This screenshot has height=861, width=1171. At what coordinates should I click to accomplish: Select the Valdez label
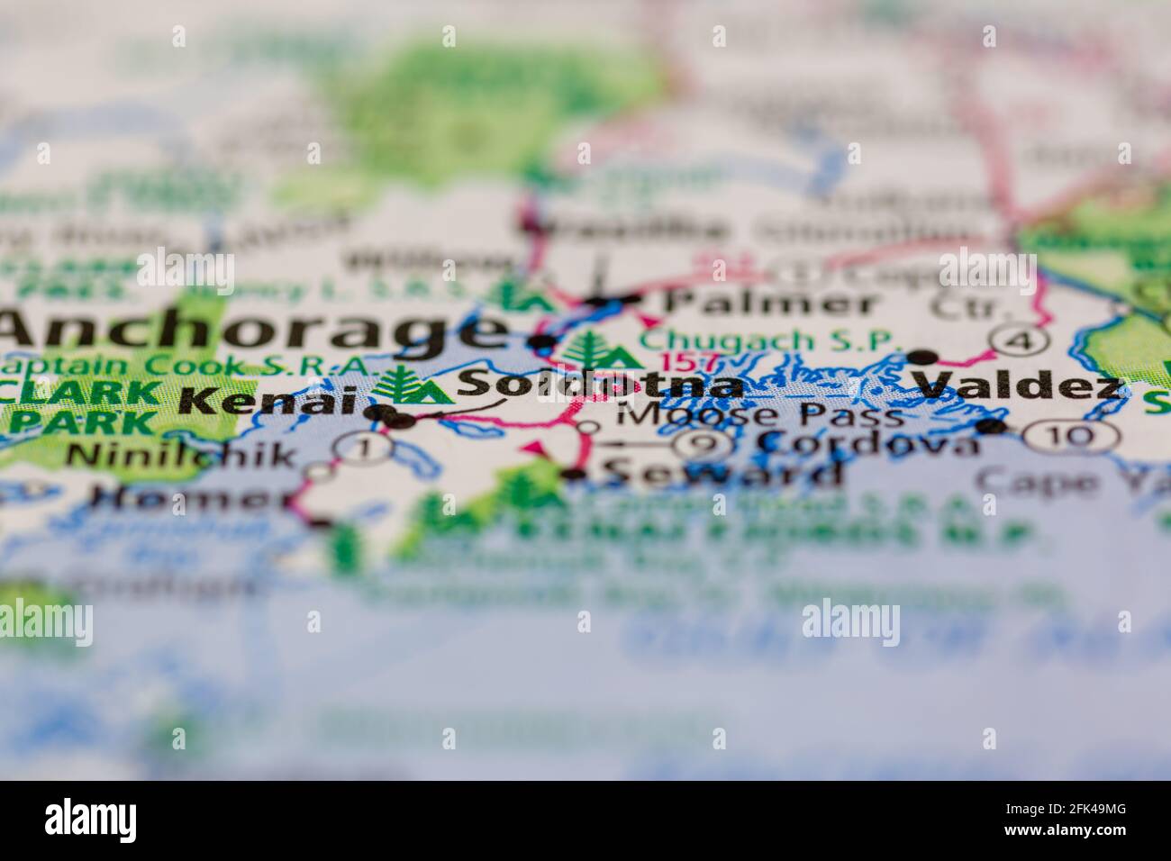[x=1020, y=385]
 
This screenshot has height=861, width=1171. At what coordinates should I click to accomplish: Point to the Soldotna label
[x=600, y=385]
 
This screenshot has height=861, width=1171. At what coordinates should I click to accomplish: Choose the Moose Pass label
[x=761, y=416]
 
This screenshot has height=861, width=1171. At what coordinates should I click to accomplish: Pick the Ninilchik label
[x=181, y=454]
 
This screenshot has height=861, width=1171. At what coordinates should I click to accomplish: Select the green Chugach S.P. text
[x=770, y=341]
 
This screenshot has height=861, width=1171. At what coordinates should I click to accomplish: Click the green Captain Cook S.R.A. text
[x=185, y=366]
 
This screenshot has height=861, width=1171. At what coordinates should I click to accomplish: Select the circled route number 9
[x=703, y=442]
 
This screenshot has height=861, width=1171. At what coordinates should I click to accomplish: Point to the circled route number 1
[x=362, y=445]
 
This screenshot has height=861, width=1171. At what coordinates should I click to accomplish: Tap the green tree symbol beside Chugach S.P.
[x=595, y=349]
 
